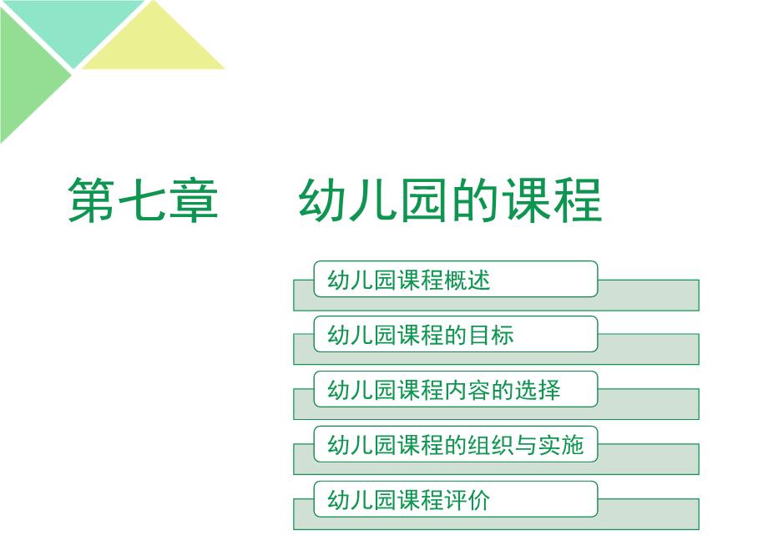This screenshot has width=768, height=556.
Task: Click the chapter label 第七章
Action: pos(143,200)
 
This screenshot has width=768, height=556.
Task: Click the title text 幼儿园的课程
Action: pos(450,200)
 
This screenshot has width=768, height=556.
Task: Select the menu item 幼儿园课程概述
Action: pos(409,281)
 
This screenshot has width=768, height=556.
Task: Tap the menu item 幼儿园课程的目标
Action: pos(421,335)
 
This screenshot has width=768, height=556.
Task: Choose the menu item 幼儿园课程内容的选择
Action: pos(444,390)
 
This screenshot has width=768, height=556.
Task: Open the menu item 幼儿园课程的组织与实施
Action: pos(456,445)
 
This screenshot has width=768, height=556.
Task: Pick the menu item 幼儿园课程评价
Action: pos(409,500)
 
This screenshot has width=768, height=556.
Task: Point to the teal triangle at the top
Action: pos(73,24)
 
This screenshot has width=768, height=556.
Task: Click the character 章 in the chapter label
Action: pos(194,200)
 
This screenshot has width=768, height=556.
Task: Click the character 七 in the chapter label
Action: pos(143,200)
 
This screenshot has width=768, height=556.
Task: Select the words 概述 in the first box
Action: pos(467,281)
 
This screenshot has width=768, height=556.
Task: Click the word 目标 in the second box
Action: pos(490,335)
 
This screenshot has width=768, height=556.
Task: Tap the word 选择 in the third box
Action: pos(538,390)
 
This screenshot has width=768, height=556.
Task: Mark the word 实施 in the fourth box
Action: pos(561,445)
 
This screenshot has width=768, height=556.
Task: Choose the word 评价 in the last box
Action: pos(467,500)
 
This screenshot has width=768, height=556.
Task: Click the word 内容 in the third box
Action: pos(467,390)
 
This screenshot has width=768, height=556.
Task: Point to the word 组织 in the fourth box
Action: pos(490,445)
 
